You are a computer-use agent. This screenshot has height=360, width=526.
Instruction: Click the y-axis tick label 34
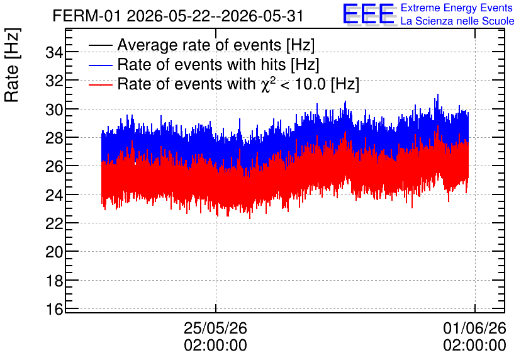point(54,52)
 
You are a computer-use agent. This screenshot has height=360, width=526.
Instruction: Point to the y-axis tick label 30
point(54,110)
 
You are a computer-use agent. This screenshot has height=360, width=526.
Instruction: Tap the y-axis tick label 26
point(54,166)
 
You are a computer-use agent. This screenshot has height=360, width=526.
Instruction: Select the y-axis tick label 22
point(54,223)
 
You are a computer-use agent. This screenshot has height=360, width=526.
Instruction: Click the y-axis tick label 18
point(54,280)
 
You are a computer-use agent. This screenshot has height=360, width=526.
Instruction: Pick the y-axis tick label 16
point(54,308)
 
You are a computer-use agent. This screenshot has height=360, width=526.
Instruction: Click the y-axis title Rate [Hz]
point(12,65)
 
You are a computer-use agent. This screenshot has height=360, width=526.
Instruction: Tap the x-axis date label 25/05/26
point(215,328)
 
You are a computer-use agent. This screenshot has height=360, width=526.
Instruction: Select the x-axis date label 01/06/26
point(474,328)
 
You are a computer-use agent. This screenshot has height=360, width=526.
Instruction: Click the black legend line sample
point(100,45)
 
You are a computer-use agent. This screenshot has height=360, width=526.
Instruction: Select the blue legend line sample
point(100,65)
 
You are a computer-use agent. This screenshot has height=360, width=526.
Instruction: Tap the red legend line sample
point(100,84)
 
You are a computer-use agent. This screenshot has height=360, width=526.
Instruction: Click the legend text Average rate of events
point(199,45)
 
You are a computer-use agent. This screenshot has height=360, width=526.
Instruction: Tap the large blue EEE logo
point(369,14)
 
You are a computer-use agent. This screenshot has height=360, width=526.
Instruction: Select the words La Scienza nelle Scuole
point(457,21)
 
